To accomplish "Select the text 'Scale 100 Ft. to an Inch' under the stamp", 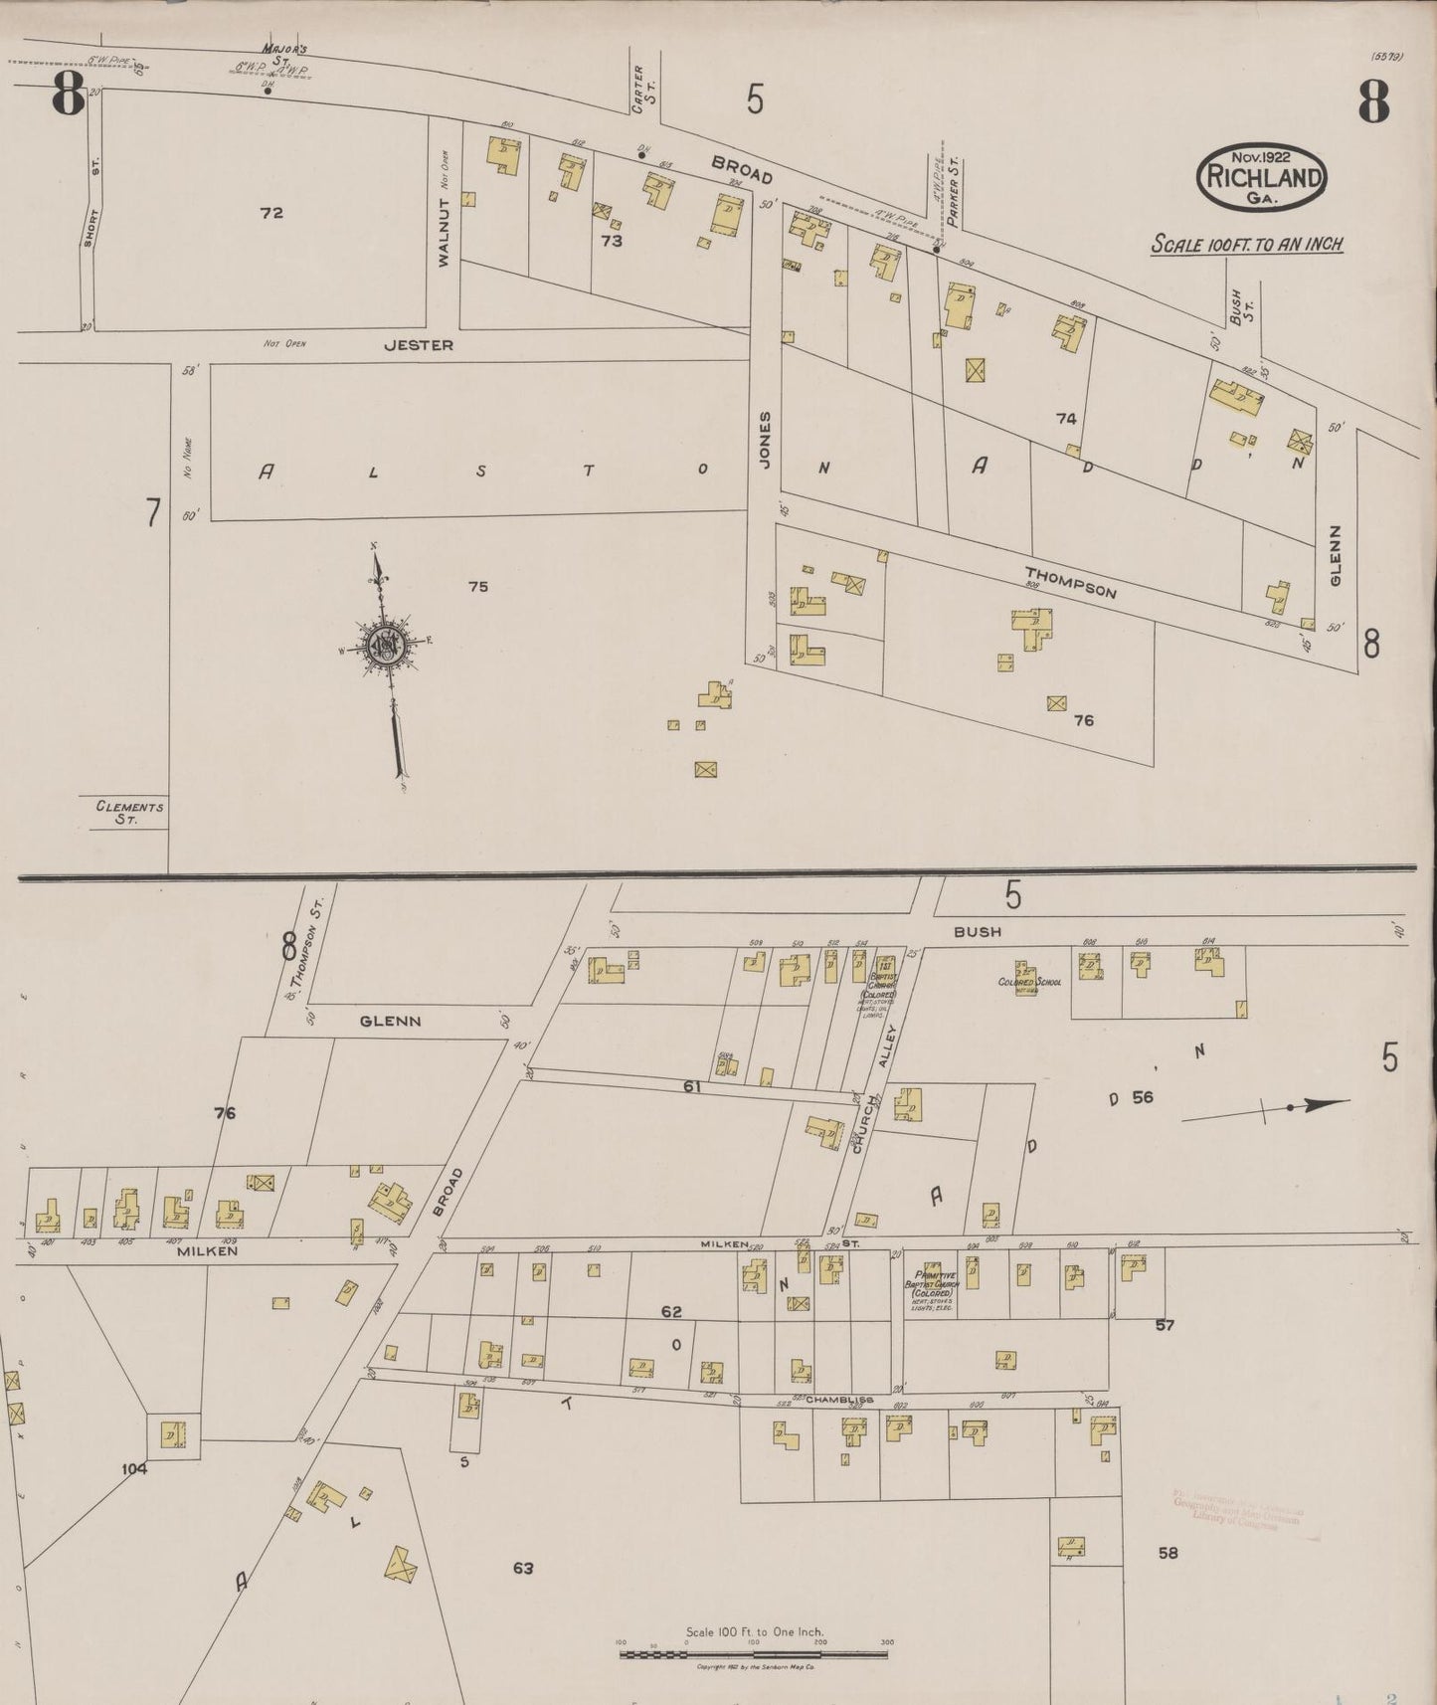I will pyautogui.click(x=1247, y=244).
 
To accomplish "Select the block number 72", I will pyautogui.click(x=271, y=213).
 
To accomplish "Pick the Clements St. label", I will pyautogui.click(x=129, y=813).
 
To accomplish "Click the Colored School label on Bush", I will pyautogui.click(x=1028, y=982).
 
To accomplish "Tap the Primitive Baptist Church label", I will pyautogui.click(x=934, y=1288).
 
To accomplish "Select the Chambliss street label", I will pyautogui.click(x=839, y=1400).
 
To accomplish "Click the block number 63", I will pyautogui.click(x=523, y=1568).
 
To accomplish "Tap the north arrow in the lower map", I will pyautogui.click(x=1268, y=1109).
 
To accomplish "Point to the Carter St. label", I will pyautogui.click(x=637, y=89).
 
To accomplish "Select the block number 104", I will pyautogui.click(x=133, y=1468).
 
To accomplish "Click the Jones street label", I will pyautogui.click(x=765, y=439).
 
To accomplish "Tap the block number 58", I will pyautogui.click(x=1168, y=1552).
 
